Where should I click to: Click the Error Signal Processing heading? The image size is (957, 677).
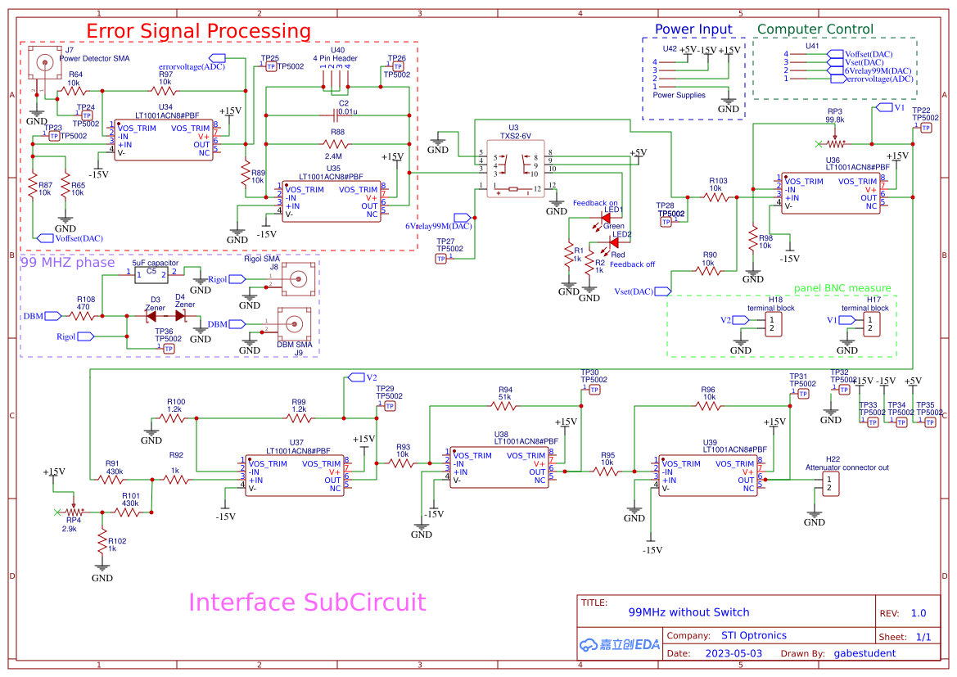(x=198, y=31)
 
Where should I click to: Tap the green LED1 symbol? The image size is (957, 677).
(x=607, y=218)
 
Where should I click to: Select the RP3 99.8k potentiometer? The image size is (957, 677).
(x=835, y=143)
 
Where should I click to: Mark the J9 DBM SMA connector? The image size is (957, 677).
(x=295, y=323)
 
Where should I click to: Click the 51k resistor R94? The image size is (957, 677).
(x=505, y=407)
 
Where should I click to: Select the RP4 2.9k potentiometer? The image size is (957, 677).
(x=74, y=512)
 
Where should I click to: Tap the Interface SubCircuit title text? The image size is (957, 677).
(x=307, y=603)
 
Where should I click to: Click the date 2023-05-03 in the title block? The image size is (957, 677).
(x=734, y=653)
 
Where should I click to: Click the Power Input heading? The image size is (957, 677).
(x=693, y=29)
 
